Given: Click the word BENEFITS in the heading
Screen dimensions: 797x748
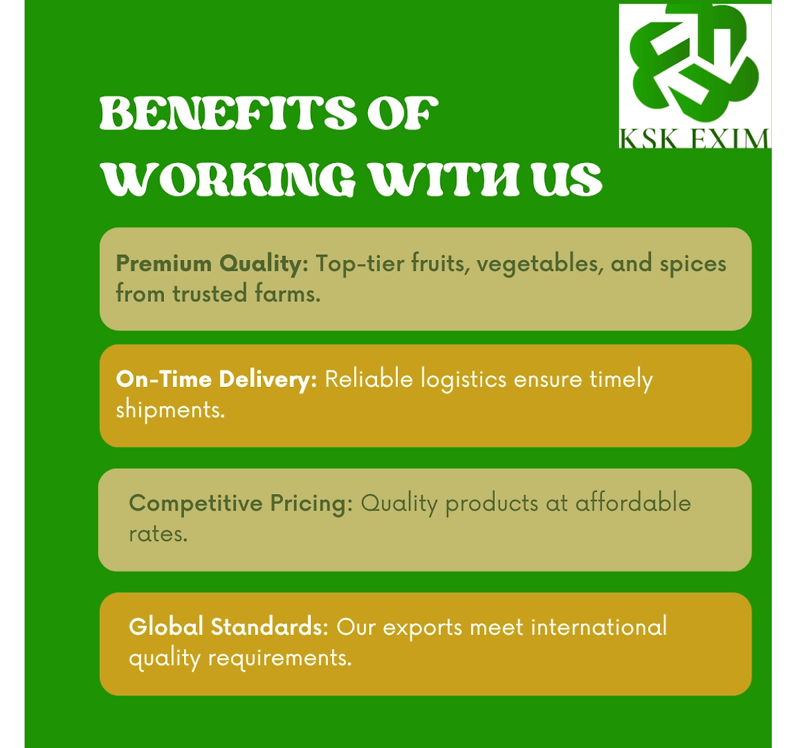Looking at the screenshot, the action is (x=228, y=113).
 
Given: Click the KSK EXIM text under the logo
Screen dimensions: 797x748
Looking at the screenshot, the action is (x=694, y=139).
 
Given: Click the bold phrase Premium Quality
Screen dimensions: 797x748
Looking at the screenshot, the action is (x=212, y=265).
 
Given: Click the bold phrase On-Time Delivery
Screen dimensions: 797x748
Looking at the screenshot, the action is (x=217, y=380).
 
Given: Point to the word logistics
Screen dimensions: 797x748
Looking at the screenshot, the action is (x=464, y=380).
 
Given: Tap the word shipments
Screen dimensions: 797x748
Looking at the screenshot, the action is (x=170, y=411).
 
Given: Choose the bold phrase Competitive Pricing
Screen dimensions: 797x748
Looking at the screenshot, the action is (x=240, y=504).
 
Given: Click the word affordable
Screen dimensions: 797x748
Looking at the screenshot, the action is (x=633, y=503).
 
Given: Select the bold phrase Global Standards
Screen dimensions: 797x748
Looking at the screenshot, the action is (x=228, y=627).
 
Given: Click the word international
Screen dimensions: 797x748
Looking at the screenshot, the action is (x=599, y=627).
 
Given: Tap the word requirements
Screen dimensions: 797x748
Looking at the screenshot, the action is (x=280, y=659).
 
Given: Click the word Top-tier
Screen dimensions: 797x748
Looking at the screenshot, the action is (x=359, y=265).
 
